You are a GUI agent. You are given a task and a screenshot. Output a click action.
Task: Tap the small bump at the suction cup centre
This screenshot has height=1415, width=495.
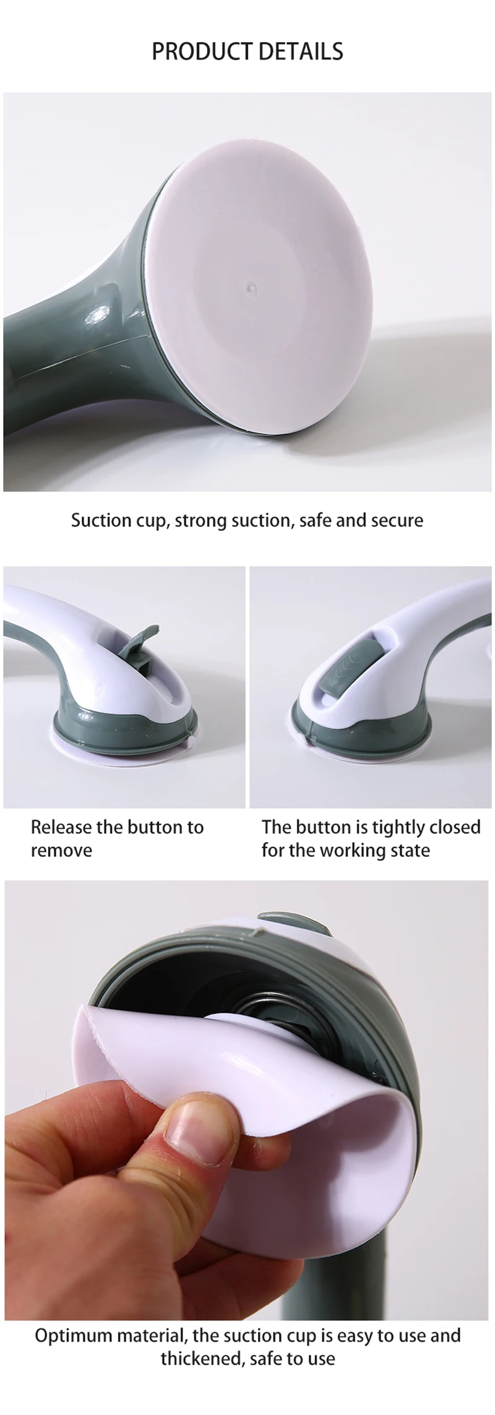pos(252,286)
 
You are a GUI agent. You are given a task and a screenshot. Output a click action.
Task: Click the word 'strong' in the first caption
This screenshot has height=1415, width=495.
pos(201,520)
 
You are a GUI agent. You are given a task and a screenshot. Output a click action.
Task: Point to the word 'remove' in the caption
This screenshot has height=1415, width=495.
pos(61,850)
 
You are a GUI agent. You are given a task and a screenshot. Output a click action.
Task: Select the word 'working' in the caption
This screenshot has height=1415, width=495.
pos(359,850)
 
